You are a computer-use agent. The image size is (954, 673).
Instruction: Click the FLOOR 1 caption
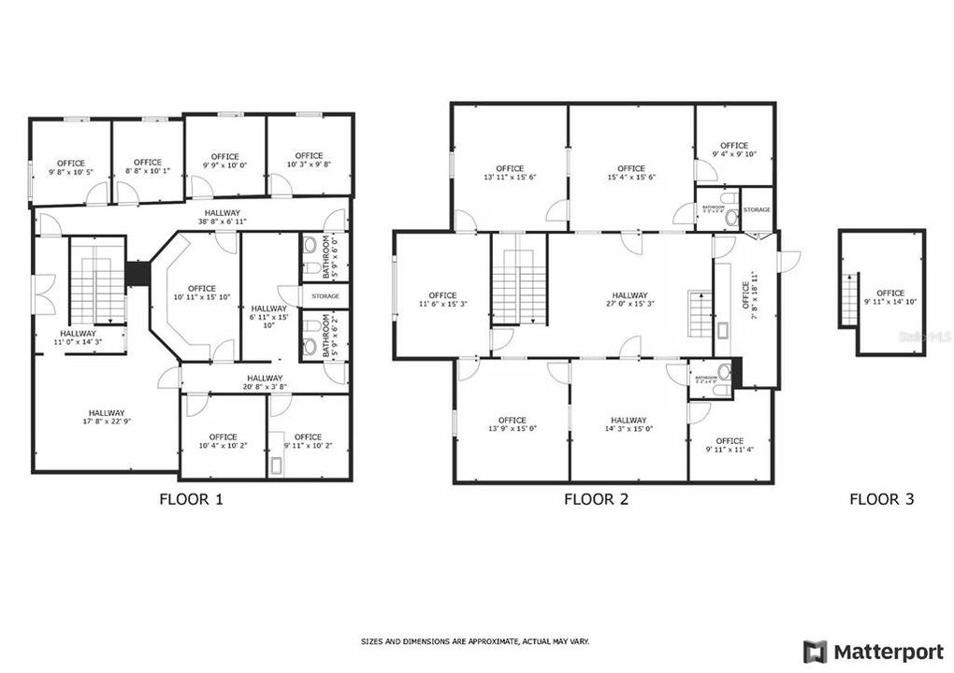[x=192, y=499]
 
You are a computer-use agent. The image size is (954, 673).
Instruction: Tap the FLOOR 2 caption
[x=596, y=499]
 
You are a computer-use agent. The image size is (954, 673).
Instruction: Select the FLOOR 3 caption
[x=881, y=499]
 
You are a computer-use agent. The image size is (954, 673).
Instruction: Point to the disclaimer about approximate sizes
[x=475, y=641]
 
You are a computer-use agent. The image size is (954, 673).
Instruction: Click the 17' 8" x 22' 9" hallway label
[x=106, y=418]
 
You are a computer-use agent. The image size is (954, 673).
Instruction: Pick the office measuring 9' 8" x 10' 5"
[x=70, y=167]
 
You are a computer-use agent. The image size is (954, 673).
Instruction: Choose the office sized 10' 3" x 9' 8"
[x=309, y=160]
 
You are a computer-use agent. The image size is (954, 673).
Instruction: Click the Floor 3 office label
[x=890, y=297]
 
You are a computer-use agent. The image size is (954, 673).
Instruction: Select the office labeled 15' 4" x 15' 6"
[x=631, y=173]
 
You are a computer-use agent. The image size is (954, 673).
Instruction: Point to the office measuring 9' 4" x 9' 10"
[x=734, y=150]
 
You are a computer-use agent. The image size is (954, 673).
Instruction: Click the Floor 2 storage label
[x=757, y=209]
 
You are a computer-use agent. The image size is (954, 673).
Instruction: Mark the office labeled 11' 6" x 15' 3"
[x=442, y=300]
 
